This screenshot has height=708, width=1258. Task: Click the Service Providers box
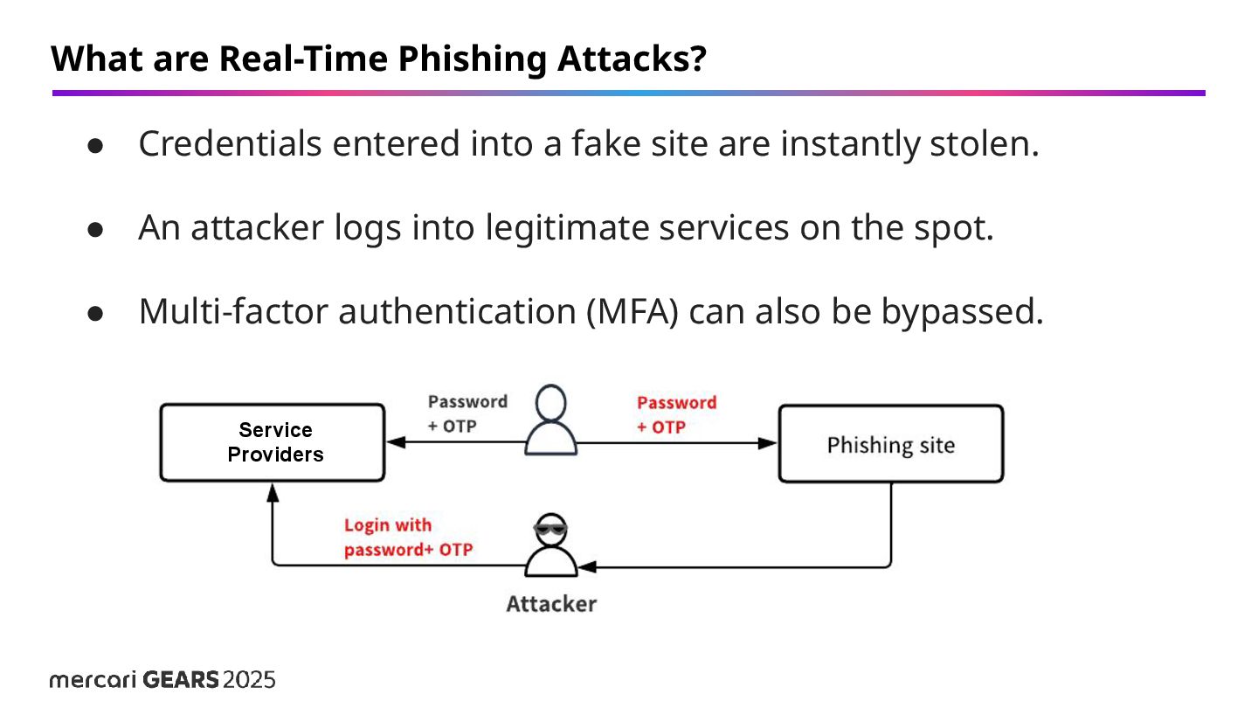(272, 442)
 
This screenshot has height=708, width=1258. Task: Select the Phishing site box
(890, 444)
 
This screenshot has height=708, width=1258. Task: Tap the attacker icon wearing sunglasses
(551, 547)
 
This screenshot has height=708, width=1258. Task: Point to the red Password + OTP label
(676, 414)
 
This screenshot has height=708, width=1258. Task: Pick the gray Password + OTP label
(467, 413)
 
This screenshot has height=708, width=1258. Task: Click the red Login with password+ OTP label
(408, 538)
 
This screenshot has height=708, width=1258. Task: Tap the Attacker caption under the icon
(551, 603)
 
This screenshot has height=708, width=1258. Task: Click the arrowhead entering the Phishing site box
(769, 443)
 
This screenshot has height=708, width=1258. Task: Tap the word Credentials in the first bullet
(230, 144)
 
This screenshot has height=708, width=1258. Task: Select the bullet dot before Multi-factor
(96, 313)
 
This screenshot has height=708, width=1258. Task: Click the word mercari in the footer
(93, 680)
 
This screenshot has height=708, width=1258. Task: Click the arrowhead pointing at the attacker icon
(587, 567)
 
